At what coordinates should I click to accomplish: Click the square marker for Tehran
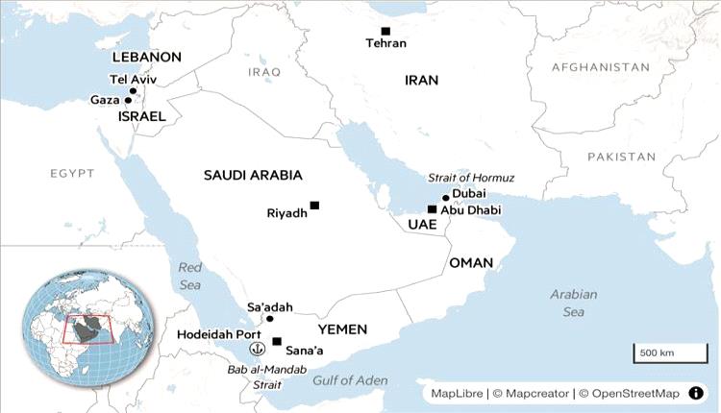point(385,31)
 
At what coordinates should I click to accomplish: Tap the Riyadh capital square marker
point(314,205)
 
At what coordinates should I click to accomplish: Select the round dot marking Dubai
point(445,198)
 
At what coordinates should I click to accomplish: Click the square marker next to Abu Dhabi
point(432,209)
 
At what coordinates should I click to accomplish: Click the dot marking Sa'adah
point(270,319)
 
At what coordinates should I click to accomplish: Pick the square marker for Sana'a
point(277,341)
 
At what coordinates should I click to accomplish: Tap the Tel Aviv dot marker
point(134,91)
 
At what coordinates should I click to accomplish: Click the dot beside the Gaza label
point(128,100)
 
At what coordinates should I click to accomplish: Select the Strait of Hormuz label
point(471,178)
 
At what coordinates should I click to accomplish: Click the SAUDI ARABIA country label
point(253,175)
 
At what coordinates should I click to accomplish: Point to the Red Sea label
point(190,276)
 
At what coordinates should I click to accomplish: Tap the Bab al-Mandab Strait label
point(254,377)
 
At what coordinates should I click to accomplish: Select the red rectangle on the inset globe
point(87,329)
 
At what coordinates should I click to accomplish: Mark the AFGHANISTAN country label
point(601,67)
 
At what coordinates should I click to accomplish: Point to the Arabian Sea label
point(574,303)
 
